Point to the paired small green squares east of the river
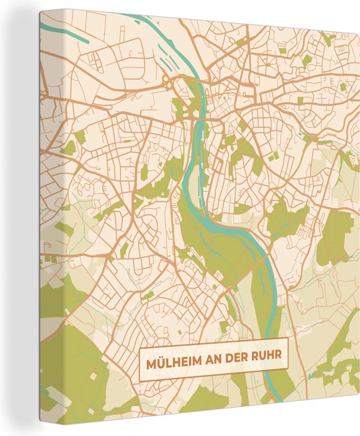click(272, 156)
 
